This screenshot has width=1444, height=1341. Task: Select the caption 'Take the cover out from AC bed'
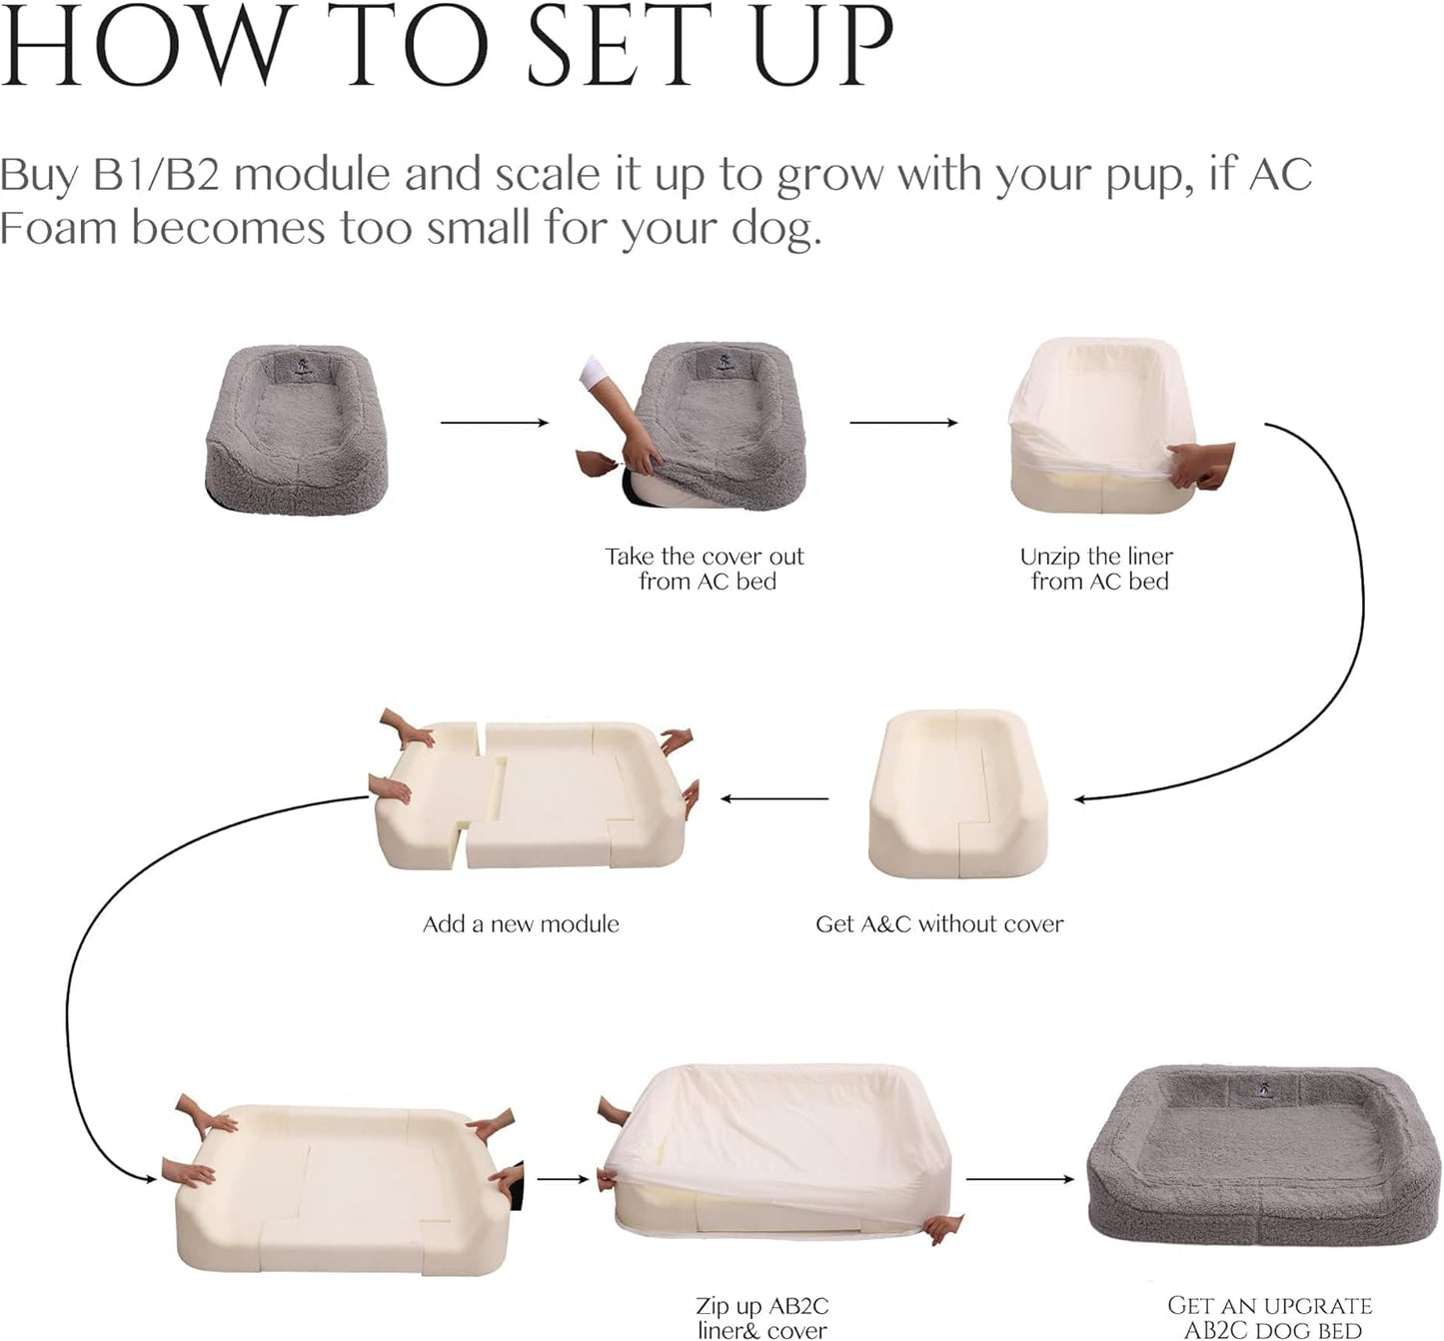(x=705, y=569)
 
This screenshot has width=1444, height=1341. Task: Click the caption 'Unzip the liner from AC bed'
(x=1097, y=569)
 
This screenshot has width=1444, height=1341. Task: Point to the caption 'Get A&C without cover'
(x=939, y=924)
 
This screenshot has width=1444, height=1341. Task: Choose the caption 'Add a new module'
(x=521, y=924)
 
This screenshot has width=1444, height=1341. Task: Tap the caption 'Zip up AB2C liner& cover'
(x=762, y=1317)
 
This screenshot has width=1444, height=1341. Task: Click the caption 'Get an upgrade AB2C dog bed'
(x=1270, y=1317)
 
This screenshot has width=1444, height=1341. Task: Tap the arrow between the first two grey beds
(x=495, y=423)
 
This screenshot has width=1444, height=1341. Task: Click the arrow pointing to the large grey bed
(x=1020, y=1179)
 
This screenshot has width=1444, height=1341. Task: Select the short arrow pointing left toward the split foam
(x=774, y=798)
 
